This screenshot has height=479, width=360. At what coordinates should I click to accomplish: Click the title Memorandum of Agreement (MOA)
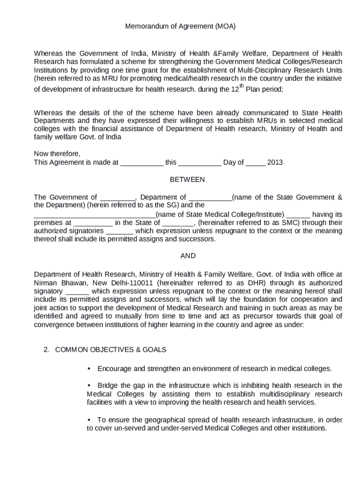pyautogui.click(x=180, y=27)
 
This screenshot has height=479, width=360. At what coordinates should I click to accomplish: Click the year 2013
pyautogui.click(x=275, y=162)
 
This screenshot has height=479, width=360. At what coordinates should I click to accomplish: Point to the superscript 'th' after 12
pyautogui.click(x=242, y=86)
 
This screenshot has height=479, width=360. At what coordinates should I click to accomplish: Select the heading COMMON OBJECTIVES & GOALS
pyautogui.click(x=111, y=349)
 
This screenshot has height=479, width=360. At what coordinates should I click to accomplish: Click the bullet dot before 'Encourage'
pyautogui.click(x=89, y=368)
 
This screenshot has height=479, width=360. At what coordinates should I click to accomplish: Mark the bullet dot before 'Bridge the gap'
pyautogui.click(x=89, y=385)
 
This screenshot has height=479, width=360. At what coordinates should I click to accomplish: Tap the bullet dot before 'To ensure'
pyautogui.click(x=89, y=419)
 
